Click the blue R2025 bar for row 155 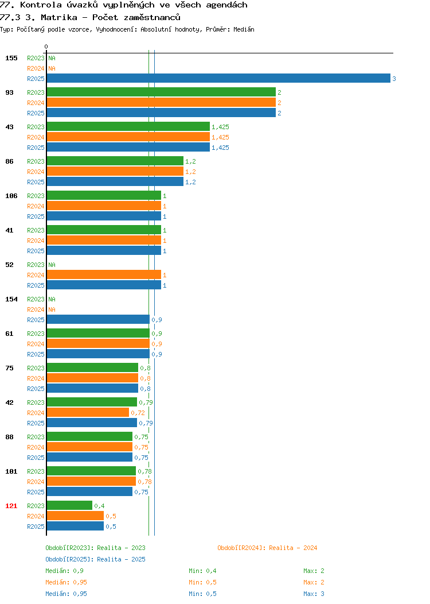click(218, 78)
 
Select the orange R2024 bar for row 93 click(161, 102)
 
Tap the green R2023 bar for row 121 click(69, 505)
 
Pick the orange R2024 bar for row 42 click(88, 413)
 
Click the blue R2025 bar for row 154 click(98, 319)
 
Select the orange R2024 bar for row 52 click(104, 274)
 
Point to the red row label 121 click(11, 506)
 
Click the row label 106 click(11, 196)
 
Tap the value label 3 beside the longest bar click(394, 79)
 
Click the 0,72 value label click(138, 413)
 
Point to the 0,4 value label click(99, 506)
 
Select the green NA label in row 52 click(52, 265)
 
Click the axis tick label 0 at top click(46, 47)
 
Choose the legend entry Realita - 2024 click(267, 548)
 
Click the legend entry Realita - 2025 click(95, 559)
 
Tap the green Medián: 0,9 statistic click(64, 571)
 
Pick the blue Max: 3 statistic click(314, 594)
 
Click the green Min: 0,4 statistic click(203, 571)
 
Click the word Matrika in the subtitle click(59, 17)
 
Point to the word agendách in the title click(226, 5)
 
